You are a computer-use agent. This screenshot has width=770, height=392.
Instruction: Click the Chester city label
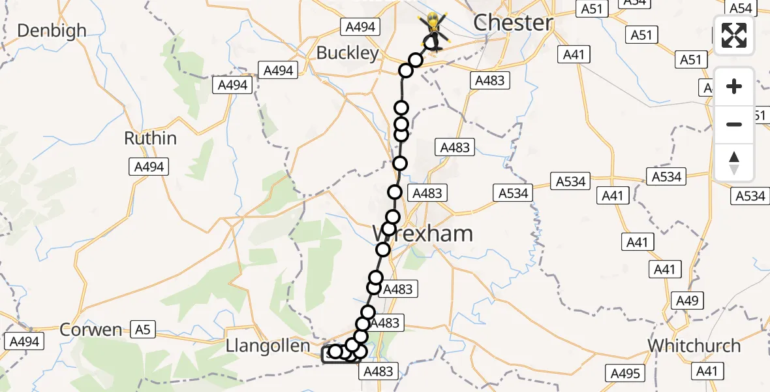coord(513,23)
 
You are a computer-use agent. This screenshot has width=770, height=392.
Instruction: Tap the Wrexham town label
coord(422,233)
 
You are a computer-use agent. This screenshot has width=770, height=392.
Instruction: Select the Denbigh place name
coord(52,31)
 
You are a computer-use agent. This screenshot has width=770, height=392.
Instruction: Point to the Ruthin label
coord(150,139)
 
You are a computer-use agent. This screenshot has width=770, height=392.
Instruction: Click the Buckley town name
coord(347,53)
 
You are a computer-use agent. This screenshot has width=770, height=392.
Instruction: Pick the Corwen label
coord(91,330)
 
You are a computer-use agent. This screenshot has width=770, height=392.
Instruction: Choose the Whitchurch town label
coord(694,346)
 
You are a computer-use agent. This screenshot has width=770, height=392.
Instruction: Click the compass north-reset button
coord(734,162)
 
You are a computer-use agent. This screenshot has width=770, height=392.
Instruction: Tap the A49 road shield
coord(686,301)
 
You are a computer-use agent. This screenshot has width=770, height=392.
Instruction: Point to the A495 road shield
coord(625,373)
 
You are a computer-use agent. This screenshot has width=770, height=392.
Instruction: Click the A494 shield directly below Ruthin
coord(149,167)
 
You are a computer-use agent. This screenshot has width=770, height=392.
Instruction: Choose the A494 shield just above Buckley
coord(358,26)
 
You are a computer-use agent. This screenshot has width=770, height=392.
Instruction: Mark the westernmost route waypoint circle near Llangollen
coord(335,351)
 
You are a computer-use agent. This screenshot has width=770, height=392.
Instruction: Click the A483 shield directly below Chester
coord(489,80)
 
